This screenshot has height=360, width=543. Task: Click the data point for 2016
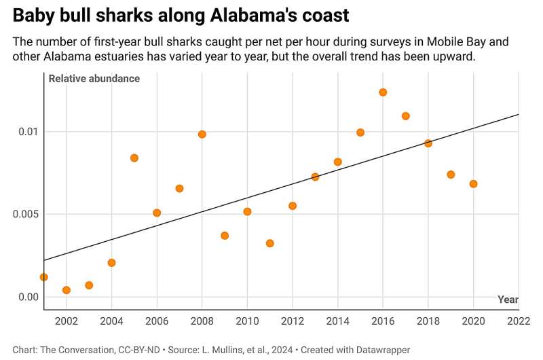coord(383,92)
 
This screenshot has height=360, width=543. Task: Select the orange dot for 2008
coord(202,134)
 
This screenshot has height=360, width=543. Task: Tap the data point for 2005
coord(134,158)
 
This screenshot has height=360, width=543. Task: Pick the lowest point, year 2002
coord(67,290)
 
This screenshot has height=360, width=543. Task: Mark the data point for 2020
coord(473,184)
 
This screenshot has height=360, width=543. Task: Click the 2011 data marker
coord(269,243)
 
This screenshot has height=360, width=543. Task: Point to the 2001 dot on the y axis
coord(44,277)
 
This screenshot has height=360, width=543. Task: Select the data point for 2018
coord(428,143)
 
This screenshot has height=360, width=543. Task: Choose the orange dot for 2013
coord(315,177)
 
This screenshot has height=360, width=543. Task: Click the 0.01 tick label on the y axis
coord(27,131)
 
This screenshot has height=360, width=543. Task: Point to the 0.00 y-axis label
coord(27,297)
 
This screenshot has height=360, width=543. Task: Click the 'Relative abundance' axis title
coord(94,79)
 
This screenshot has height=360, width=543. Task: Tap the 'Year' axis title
coord(508,300)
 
